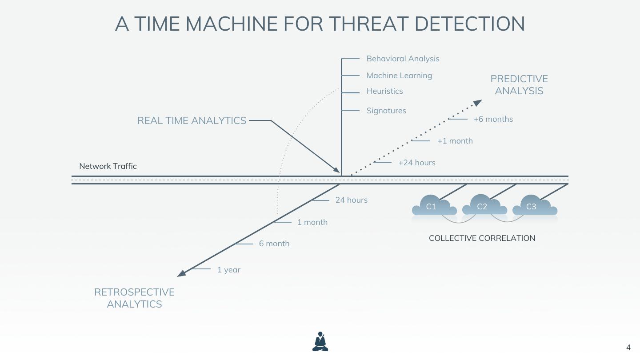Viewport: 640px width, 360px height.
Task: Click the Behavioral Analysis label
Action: [403, 59]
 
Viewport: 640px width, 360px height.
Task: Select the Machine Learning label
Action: [399, 76]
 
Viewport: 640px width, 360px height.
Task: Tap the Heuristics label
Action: [384, 91]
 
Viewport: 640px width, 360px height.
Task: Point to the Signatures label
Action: [386, 111]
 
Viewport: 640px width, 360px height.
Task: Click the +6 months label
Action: [493, 119]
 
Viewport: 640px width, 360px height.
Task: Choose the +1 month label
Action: [455, 141]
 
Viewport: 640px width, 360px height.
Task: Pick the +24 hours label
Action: [417, 163]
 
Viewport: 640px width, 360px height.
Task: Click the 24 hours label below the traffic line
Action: [352, 200]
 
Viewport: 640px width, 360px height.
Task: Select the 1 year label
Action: [229, 270]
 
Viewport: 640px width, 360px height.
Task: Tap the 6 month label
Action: [274, 244]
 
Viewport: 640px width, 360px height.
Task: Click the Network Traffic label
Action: [108, 166]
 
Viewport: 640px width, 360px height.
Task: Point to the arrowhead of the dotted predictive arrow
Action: [478, 103]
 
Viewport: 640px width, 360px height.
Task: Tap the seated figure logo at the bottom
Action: [320, 342]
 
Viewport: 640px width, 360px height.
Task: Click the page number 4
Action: [628, 348]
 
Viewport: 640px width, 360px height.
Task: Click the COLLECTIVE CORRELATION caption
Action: [482, 238]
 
